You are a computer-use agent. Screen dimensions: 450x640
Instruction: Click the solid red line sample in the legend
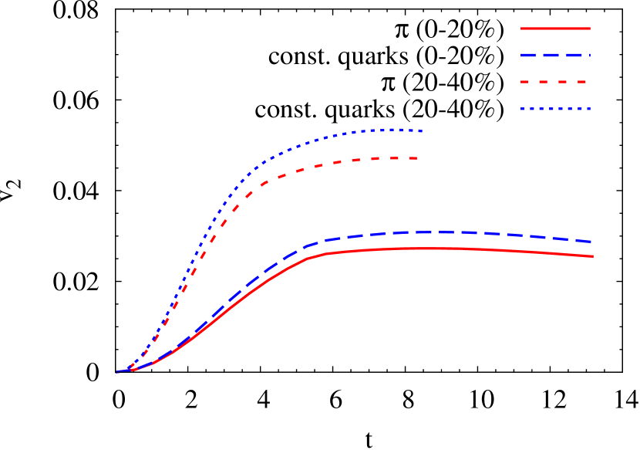point(555,29)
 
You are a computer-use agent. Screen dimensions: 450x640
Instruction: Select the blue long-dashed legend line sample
point(555,56)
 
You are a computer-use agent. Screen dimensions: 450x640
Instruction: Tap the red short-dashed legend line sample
point(555,82)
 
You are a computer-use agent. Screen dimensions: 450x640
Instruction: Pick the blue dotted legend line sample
point(555,109)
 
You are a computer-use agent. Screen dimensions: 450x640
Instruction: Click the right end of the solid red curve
point(592,256)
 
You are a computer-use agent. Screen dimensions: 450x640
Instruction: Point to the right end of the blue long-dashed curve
point(591,242)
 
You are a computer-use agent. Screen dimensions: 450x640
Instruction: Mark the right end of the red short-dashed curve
point(417,158)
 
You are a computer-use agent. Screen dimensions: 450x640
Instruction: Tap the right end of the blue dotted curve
point(421,131)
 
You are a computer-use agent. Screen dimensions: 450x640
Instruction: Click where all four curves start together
point(117,372)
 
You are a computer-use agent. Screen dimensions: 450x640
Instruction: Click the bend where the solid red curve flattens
point(309,258)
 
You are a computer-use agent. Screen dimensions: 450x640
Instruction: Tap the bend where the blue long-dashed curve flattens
point(308,245)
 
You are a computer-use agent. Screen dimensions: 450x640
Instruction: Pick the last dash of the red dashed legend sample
point(581,82)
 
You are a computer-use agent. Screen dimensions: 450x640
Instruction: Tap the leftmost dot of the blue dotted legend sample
point(523,109)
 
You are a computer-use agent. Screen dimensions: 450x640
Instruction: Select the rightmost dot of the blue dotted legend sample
point(588,109)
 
